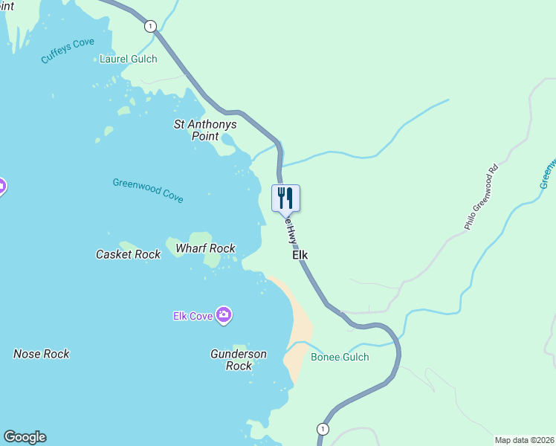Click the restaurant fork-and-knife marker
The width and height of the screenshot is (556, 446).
tap(285, 199)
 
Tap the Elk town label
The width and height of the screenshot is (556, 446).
tap(300, 255)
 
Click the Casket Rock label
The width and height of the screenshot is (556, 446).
tap(128, 254)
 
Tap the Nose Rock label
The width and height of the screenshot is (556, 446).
tap(42, 354)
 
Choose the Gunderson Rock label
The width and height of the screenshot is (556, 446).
tap(239, 360)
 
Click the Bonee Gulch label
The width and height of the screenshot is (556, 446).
tap(340, 358)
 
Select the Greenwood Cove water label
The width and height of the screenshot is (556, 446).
tap(148, 190)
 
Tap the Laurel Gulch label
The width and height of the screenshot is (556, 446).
tap(128, 59)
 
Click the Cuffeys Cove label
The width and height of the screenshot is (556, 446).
tap(68, 51)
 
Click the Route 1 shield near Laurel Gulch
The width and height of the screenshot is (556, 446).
tap(152, 26)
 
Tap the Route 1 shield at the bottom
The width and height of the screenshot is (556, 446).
tap(322, 429)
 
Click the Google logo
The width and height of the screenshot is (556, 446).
tap(25, 437)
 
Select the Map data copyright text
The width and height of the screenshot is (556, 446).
tap(524, 440)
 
